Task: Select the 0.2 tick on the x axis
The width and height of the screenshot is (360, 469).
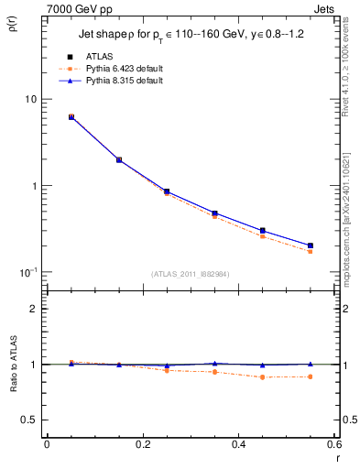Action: [x=142, y=445]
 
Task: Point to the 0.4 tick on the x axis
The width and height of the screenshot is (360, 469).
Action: [x=239, y=445]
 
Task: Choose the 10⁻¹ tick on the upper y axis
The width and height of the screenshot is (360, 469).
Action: [x=27, y=272]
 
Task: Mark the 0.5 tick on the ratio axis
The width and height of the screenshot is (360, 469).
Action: [x=28, y=420]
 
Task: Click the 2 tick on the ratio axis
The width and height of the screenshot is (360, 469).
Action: [x=33, y=309]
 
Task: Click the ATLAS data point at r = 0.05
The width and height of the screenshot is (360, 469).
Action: [x=71, y=117]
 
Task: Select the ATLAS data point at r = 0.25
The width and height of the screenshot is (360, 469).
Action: [x=167, y=191]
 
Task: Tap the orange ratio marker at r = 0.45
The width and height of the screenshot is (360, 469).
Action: [x=263, y=377]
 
